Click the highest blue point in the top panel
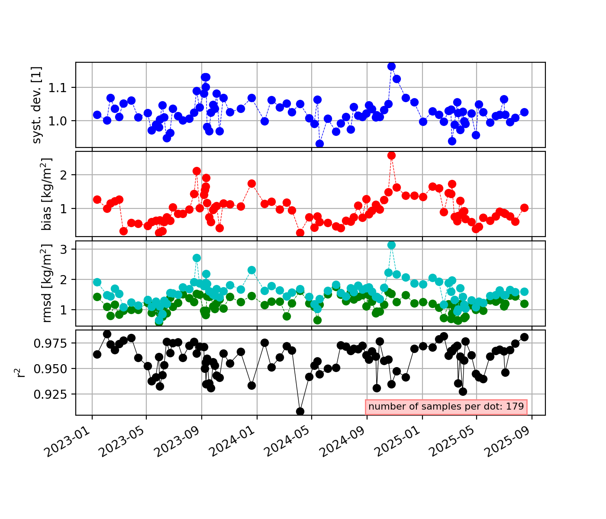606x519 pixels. (391, 66)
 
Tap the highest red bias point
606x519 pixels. (391, 155)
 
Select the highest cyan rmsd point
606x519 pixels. (391, 245)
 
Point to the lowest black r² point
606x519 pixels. (300, 411)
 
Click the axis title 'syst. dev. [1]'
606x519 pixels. (37, 105)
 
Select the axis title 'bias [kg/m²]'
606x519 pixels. (47, 194)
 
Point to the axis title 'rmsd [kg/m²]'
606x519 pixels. (47, 283)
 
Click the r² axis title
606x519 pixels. (21, 372)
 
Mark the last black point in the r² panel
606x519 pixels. (524, 337)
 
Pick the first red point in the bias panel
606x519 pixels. (97, 199)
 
